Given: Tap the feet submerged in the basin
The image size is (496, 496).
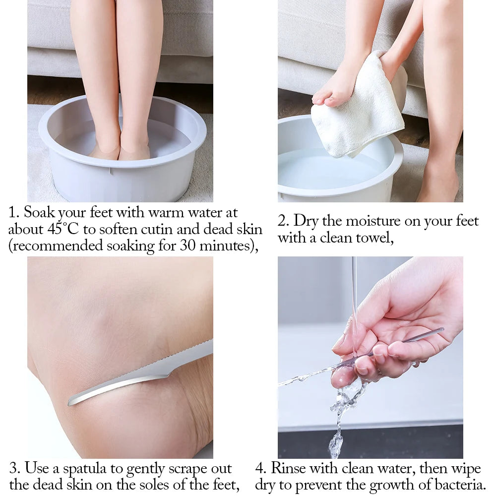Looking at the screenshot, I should click(x=120, y=149).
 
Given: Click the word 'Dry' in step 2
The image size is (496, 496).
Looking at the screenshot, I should click(x=305, y=221).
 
